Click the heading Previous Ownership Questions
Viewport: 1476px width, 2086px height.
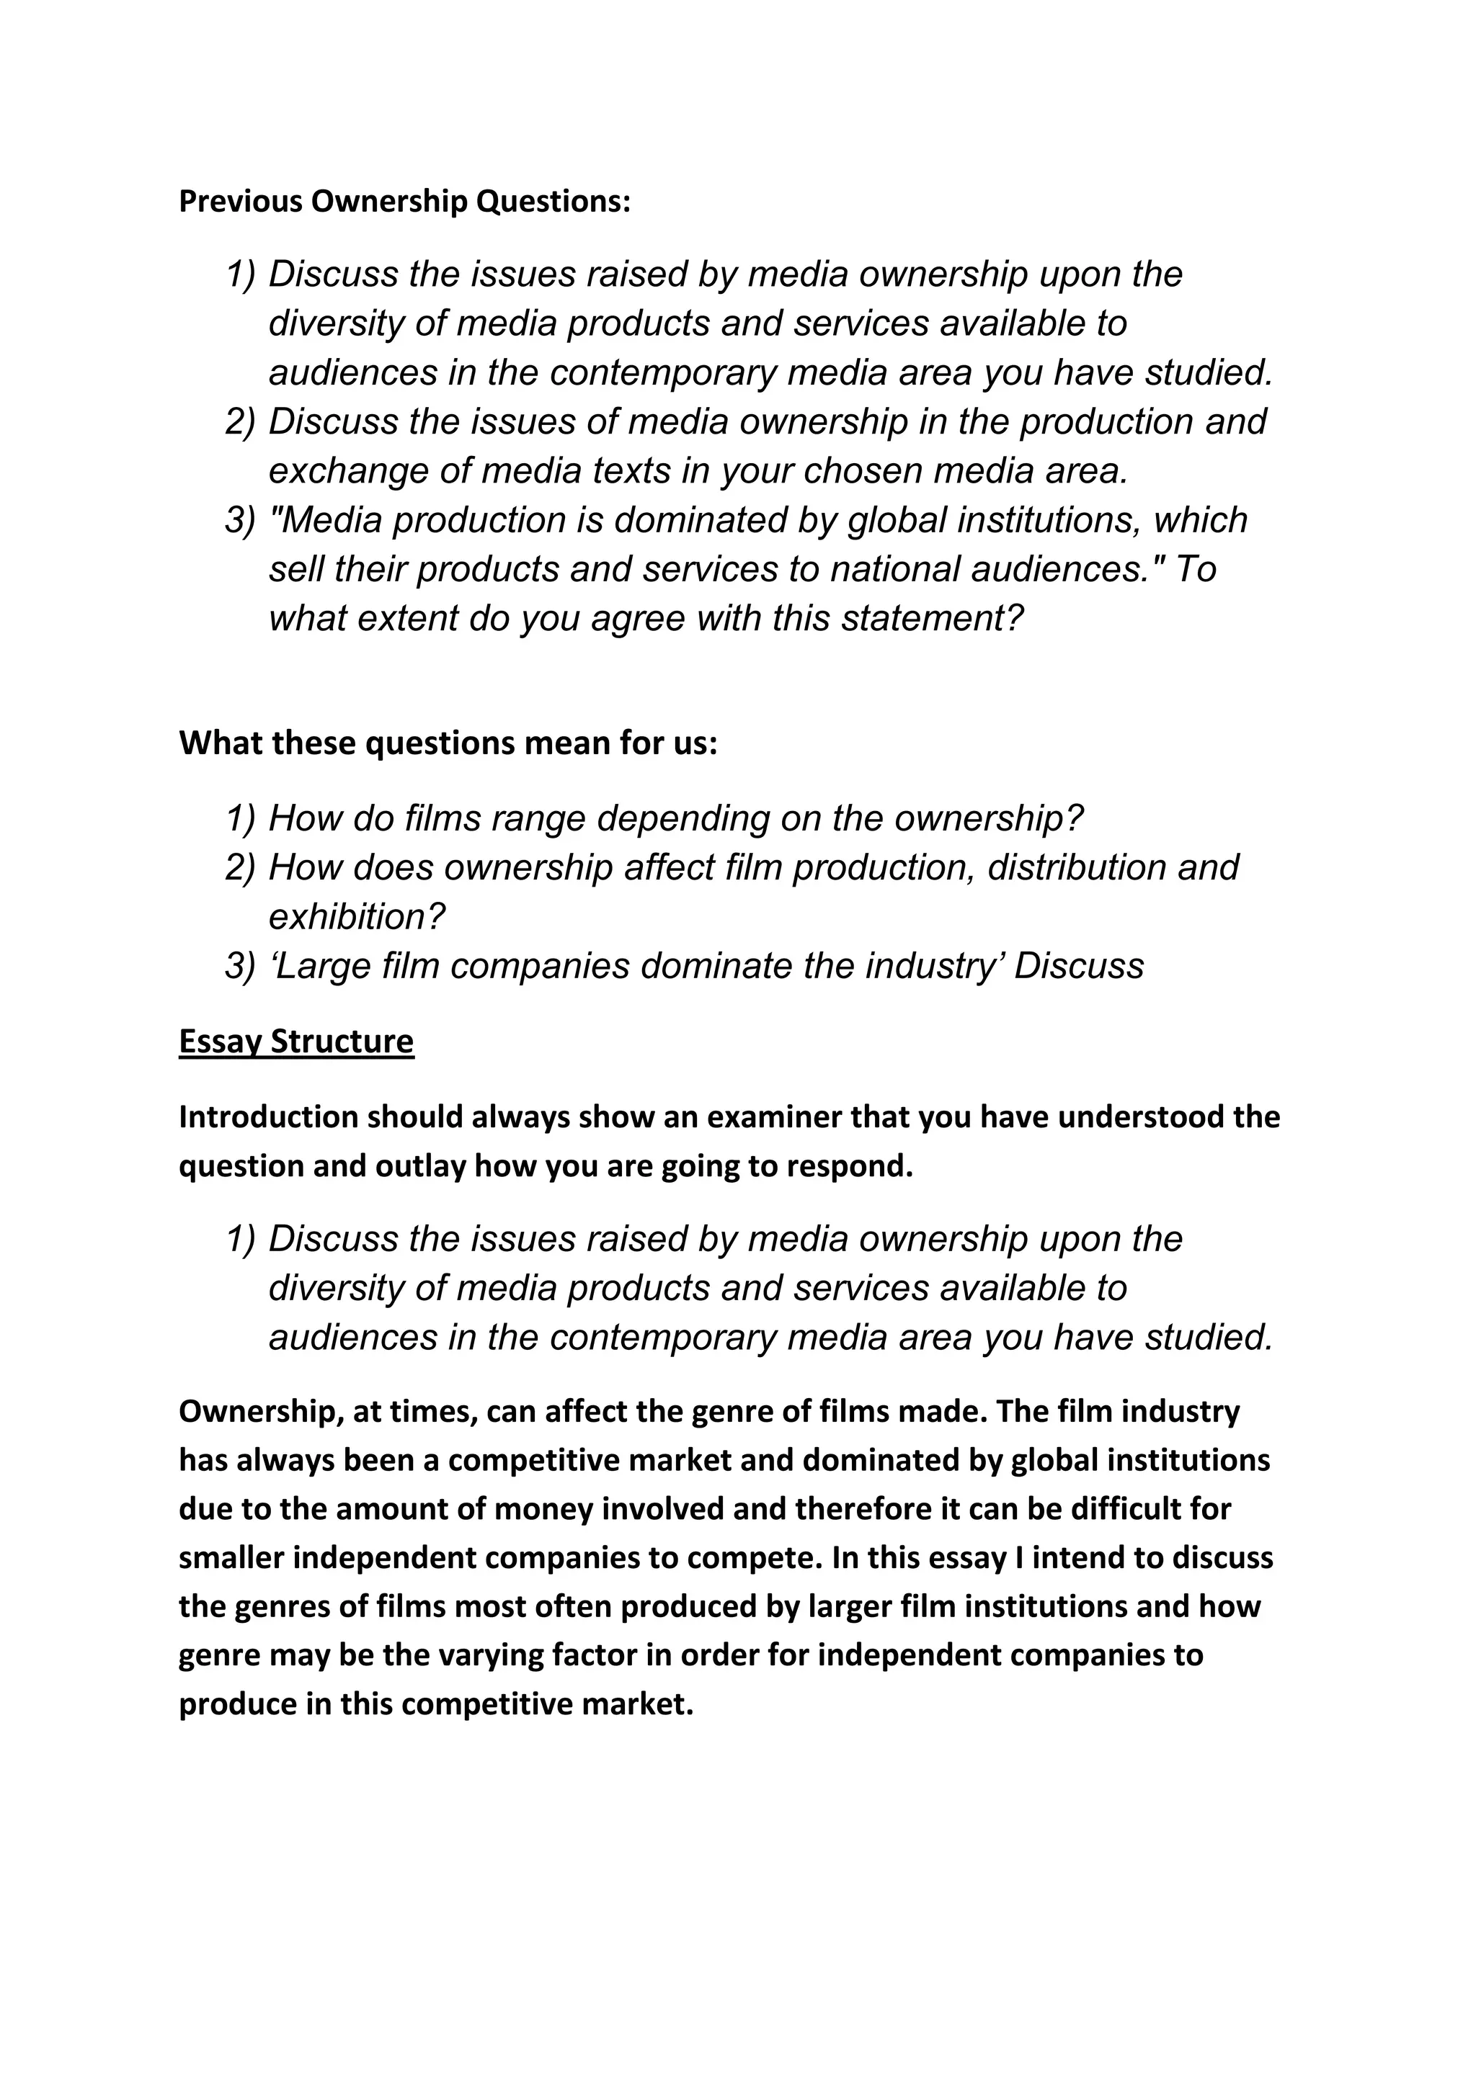(404, 201)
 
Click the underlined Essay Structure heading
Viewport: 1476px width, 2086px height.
(296, 1041)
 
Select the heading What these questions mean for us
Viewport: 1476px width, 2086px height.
(448, 743)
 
